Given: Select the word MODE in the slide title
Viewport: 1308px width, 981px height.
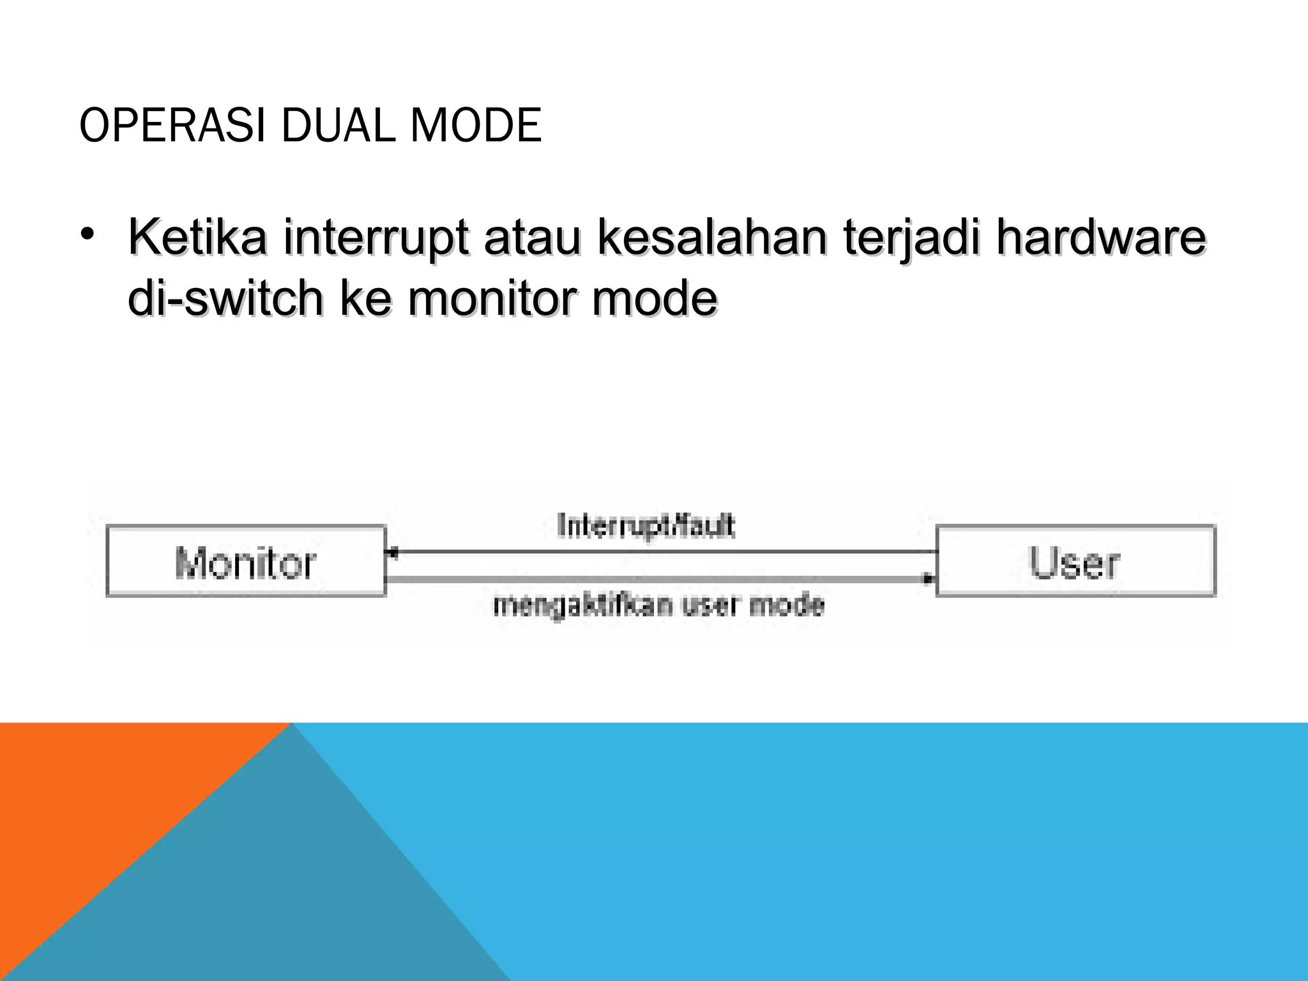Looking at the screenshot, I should [476, 126].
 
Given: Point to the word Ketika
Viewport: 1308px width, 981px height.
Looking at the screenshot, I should [197, 238].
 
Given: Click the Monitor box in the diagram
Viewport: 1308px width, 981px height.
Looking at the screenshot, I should [246, 561].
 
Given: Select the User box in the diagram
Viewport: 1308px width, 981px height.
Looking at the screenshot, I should [1076, 561].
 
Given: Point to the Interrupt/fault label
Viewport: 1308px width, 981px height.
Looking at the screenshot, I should [646, 527].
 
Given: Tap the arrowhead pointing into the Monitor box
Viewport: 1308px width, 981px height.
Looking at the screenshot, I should [393, 551].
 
